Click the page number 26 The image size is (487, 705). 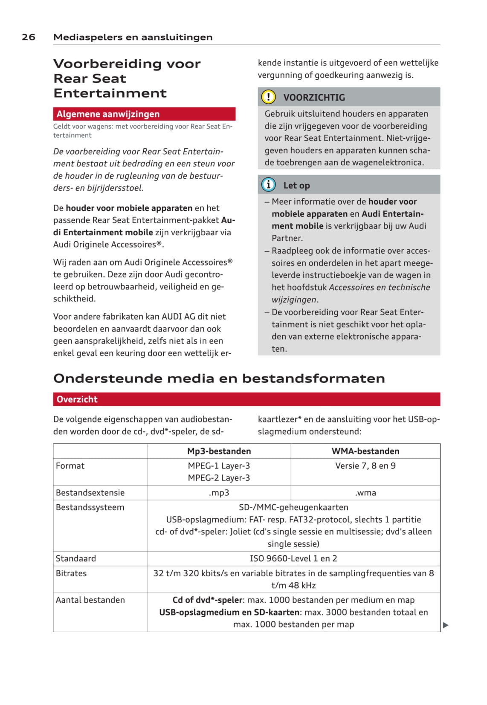click(x=29, y=37)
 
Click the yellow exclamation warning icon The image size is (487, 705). click(x=268, y=97)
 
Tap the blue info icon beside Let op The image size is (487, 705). click(x=268, y=185)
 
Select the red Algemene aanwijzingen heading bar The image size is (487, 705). click(x=144, y=114)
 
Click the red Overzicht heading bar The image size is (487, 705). click(x=246, y=399)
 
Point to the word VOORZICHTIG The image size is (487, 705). click(x=314, y=98)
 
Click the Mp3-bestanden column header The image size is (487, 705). click(x=219, y=451)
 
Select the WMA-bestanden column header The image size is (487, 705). click(x=365, y=451)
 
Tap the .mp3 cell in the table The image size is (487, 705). click(x=219, y=493)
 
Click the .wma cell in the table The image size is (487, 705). click(x=365, y=493)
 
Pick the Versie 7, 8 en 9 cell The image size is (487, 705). click(x=365, y=466)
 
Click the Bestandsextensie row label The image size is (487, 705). click(x=90, y=493)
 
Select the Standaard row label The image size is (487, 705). click(x=76, y=558)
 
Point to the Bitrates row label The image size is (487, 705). click(x=71, y=573)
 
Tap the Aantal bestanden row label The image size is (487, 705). click(x=90, y=600)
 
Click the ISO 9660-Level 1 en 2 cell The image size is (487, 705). click(x=293, y=558)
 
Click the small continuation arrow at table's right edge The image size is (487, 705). click(x=446, y=625)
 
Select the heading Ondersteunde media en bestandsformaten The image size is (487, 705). click(x=219, y=379)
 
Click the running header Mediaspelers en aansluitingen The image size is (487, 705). click(x=133, y=37)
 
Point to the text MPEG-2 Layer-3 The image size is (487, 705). click(x=219, y=478)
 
